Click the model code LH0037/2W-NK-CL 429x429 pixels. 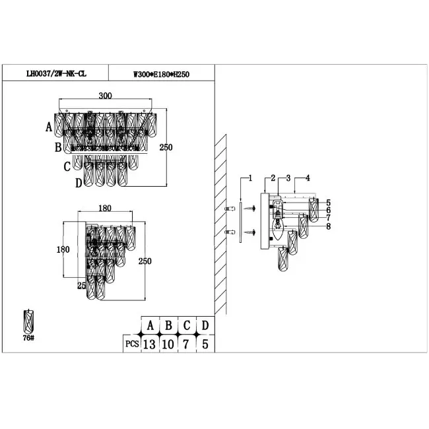(56, 74)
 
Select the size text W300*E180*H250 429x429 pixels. (161, 74)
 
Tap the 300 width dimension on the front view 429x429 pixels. (105, 96)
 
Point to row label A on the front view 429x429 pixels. (49, 127)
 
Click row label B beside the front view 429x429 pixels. (58, 147)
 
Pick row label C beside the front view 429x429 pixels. (67, 166)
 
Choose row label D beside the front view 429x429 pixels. (79, 183)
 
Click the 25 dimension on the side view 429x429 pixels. (82, 285)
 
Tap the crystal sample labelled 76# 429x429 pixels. (28, 322)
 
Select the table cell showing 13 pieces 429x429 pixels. (149, 344)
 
